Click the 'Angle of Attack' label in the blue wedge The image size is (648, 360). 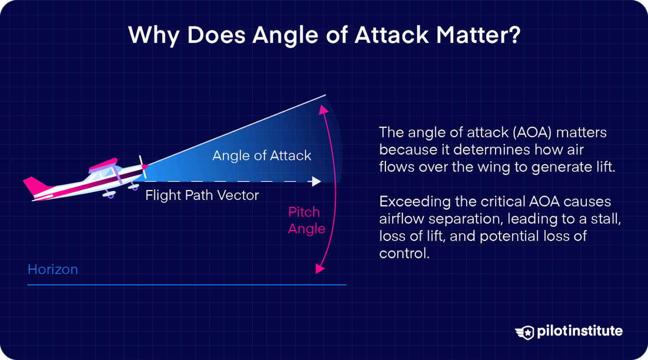click(x=262, y=156)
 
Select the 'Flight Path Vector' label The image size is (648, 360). click(x=202, y=195)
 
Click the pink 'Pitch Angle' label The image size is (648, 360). click(x=306, y=220)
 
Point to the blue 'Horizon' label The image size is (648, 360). click(x=53, y=269)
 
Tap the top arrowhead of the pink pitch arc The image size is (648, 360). click(x=324, y=110)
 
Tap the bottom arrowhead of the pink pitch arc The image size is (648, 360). click(x=320, y=268)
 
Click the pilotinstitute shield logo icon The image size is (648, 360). click(x=525, y=332)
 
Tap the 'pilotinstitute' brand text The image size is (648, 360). click(x=579, y=331)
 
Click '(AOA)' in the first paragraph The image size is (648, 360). click(x=532, y=133)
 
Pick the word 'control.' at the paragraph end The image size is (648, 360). click(x=404, y=253)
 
